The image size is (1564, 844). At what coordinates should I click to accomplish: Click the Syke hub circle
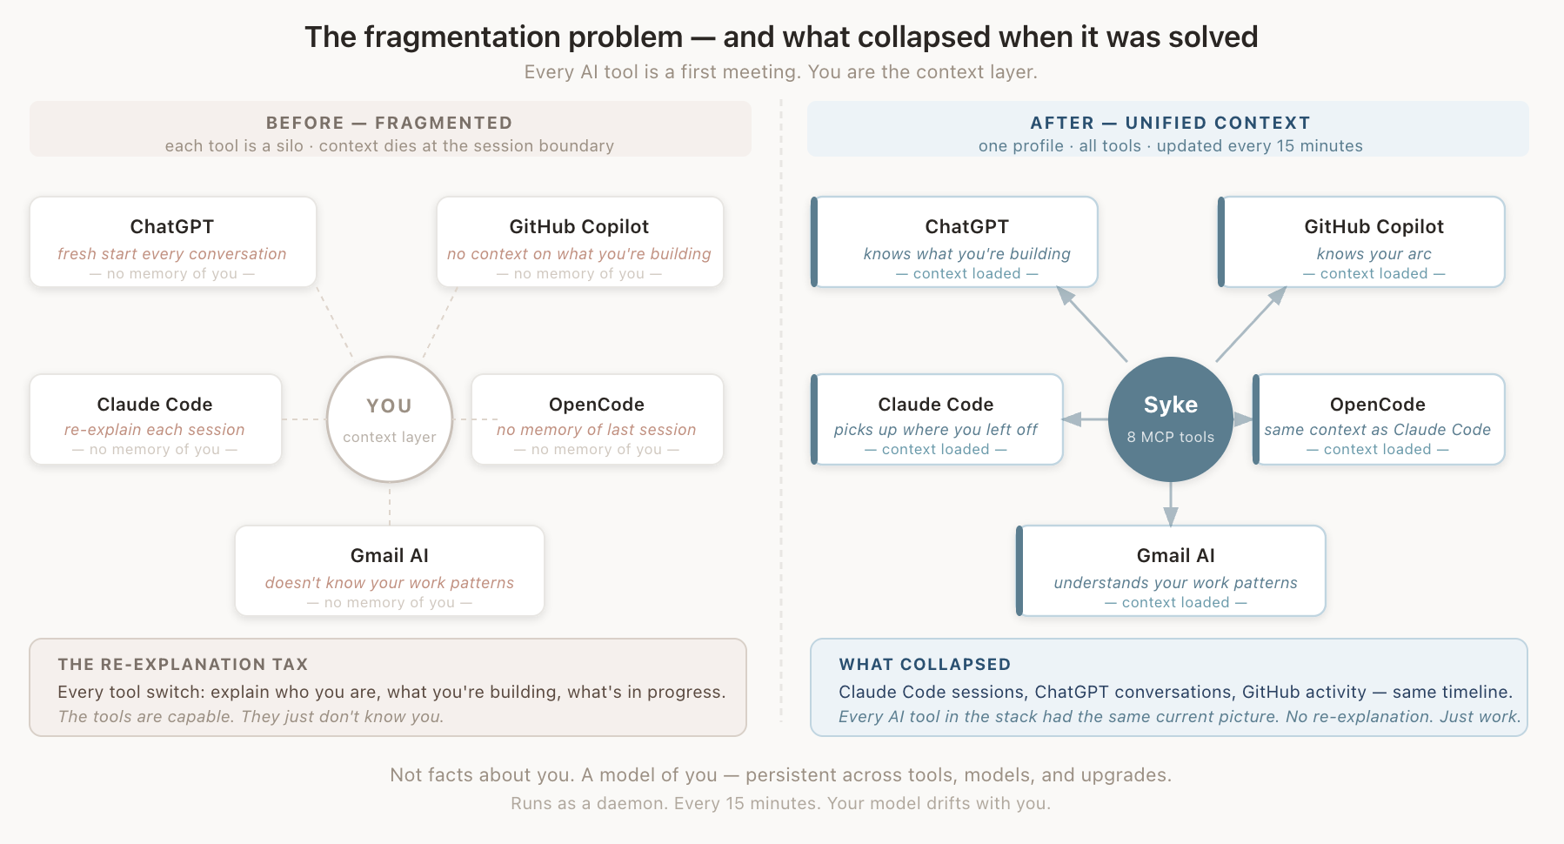[x=1171, y=419]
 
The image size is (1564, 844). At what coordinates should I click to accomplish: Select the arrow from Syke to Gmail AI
[x=1171, y=504]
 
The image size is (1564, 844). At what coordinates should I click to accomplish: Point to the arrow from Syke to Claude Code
[x=1085, y=419]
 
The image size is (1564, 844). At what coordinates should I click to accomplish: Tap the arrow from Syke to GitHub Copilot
[x=1251, y=324]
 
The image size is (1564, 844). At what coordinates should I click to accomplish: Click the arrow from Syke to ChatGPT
[x=1092, y=324]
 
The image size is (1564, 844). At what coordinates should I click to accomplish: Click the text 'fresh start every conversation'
[x=172, y=254]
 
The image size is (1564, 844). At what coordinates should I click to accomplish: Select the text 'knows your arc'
[x=1374, y=254]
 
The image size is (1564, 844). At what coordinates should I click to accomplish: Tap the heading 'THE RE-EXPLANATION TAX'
[x=183, y=664]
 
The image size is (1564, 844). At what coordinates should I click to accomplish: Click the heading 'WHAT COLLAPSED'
[x=925, y=664]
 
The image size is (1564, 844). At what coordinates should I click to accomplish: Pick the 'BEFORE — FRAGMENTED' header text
[x=390, y=123]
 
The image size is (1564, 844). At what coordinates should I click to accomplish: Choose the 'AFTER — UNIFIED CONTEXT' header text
[x=1171, y=123]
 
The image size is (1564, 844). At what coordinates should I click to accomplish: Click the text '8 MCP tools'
[x=1171, y=437]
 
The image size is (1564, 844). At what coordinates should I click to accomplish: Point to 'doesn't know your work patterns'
[x=390, y=583]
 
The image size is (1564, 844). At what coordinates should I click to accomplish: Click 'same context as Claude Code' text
[x=1378, y=430]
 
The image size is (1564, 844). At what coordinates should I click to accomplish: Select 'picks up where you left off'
[x=936, y=430]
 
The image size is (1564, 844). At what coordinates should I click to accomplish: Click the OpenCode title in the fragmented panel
[x=597, y=405]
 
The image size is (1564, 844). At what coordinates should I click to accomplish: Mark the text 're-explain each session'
[x=155, y=430]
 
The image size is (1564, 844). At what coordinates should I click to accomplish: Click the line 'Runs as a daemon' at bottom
[x=781, y=803]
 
